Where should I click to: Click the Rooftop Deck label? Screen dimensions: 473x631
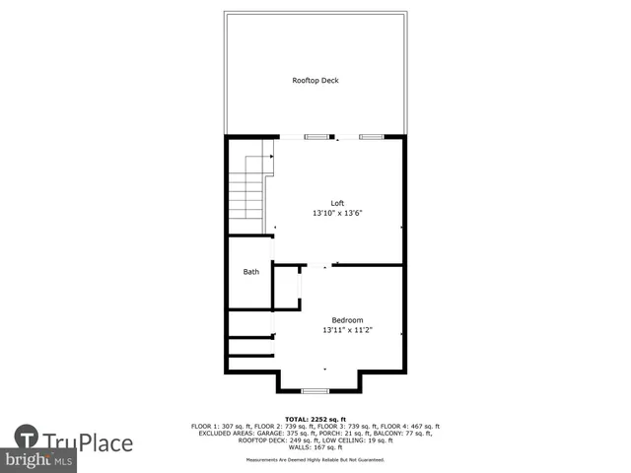tap(315, 80)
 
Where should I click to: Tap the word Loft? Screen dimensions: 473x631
tap(337, 203)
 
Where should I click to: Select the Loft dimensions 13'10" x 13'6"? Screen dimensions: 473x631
tap(337, 213)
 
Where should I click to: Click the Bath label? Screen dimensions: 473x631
tap(251, 272)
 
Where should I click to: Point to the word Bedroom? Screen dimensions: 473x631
tap(347, 320)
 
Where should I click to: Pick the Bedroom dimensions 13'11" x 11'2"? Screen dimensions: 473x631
tap(347, 330)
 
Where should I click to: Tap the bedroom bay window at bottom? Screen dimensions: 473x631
tap(315, 391)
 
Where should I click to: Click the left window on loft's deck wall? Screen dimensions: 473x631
tap(315, 136)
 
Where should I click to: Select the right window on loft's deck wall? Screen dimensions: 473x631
tap(371, 136)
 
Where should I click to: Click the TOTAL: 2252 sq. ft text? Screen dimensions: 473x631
tap(315, 418)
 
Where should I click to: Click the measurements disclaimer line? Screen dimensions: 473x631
tap(315, 459)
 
